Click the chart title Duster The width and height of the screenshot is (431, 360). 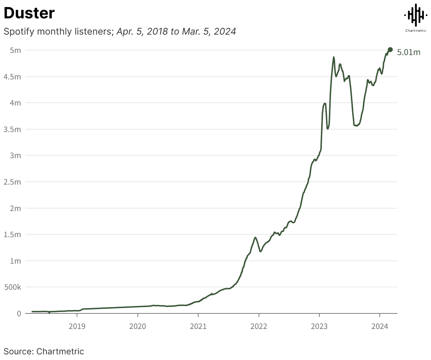pyautogui.click(x=29, y=13)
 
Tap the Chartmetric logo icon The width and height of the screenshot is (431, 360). pyautogui.click(x=415, y=15)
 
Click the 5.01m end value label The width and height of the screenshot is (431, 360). pyautogui.click(x=409, y=53)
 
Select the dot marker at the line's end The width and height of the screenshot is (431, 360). pyautogui.click(x=390, y=49)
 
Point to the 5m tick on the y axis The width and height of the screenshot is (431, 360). pyautogui.click(x=15, y=50)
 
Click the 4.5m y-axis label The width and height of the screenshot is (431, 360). pyautogui.click(x=12, y=77)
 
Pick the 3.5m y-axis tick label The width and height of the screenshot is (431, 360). pyautogui.click(x=12, y=129)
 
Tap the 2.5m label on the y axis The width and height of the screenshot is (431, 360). pyautogui.click(x=12, y=182)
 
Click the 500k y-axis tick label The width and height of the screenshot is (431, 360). pyautogui.click(x=12, y=287)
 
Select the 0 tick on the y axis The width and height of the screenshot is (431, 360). pyautogui.click(x=19, y=313)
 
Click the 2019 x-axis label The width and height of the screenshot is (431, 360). pyautogui.click(x=77, y=326)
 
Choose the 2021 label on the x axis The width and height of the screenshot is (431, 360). pyautogui.click(x=198, y=326)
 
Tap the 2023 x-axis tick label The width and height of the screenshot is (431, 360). pyautogui.click(x=319, y=326)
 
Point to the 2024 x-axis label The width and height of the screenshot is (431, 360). pyautogui.click(x=379, y=326)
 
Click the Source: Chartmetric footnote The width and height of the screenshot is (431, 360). pyautogui.click(x=44, y=351)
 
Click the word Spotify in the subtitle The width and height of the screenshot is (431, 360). pyautogui.click(x=19, y=31)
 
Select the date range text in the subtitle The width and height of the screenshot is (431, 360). pyautogui.click(x=176, y=31)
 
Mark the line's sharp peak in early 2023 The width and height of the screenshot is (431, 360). pyautogui.click(x=333, y=57)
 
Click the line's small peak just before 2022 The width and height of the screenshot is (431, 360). pyautogui.click(x=255, y=237)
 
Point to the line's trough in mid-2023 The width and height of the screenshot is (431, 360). pyautogui.click(x=357, y=125)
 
